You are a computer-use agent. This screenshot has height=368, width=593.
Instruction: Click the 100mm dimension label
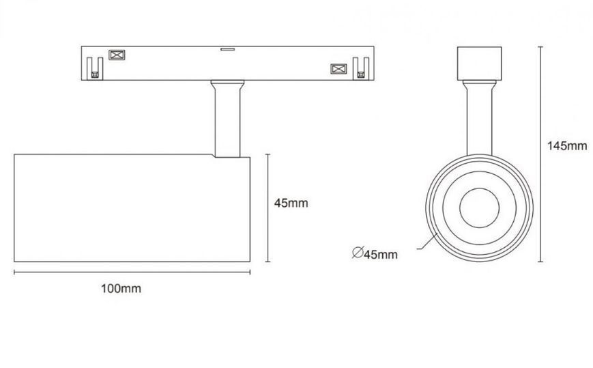[x=121, y=289]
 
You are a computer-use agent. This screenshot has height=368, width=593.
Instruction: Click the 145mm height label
[x=567, y=145]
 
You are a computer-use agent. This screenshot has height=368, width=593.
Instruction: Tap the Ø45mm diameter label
[x=375, y=253]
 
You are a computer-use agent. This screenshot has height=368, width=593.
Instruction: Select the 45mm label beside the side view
[x=291, y=203]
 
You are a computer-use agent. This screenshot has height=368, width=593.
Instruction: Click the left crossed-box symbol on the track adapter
[x=117, y=55]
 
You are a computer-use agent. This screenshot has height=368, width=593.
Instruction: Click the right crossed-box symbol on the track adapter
[x=339, y=69]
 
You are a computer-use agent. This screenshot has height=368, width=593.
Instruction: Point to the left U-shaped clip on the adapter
[x=95, y=68]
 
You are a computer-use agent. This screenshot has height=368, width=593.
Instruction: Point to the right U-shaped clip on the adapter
[x=361, y=68]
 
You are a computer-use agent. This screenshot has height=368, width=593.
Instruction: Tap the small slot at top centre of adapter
[x=228, y=48]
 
